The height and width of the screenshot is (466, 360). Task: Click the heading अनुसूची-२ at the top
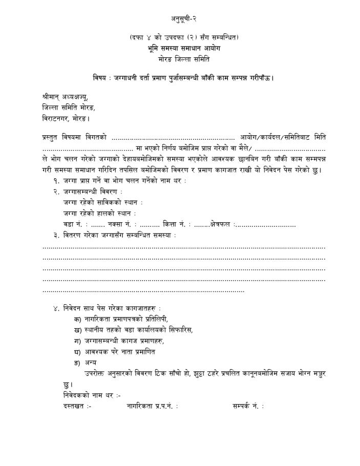[x=184, y=19]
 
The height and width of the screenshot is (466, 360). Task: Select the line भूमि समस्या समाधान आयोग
[x=184, y=49]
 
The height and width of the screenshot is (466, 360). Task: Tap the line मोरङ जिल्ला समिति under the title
[x=184, y=59]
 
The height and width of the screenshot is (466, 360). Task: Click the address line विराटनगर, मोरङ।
[x=66, y=118]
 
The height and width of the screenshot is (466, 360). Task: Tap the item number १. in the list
[x=56, y=181]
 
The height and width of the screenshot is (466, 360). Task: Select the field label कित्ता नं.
[x=175, y=224]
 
